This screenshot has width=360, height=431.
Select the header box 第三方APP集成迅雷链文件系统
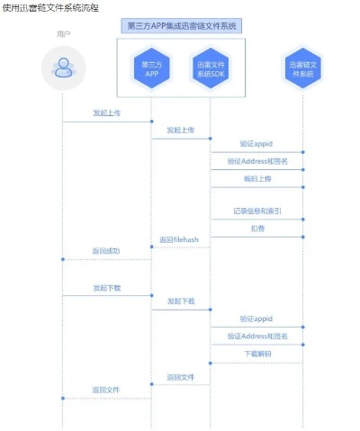click(181, 25)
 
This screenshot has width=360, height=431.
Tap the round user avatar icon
click(62, 67)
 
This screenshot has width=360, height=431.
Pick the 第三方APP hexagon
click(151, 68)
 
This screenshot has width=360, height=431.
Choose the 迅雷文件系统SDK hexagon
click(211, 68)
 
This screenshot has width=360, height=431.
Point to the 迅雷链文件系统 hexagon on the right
click(303, 68)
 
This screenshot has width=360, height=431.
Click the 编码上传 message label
click(256, 179)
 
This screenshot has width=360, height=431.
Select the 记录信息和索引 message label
click(256, 211)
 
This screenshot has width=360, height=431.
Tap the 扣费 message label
click(256, 229)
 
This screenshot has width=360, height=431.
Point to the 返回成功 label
click(105, 250)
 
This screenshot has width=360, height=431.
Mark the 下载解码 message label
click(256, 355)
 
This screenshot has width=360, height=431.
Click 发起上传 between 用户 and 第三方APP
click(105, 113)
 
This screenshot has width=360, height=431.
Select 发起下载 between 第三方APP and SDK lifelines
click(180, 301)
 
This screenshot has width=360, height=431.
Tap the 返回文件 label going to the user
click(105, 390)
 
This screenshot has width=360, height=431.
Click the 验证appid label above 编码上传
click(256, 143)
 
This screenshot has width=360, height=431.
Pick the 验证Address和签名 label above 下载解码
click(256, 336)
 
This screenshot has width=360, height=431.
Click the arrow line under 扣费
click(256, 237)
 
